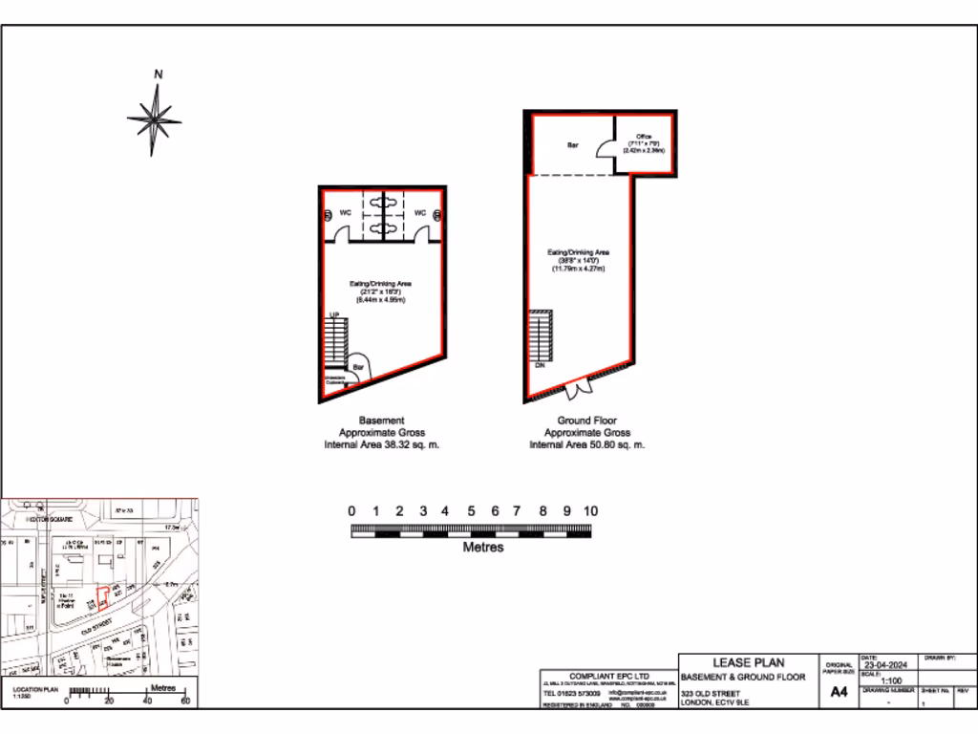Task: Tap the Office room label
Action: click(644, 137)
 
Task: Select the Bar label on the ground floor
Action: click(573, 145)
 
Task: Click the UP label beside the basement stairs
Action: click(334, 314)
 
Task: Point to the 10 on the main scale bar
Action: click(591, 511)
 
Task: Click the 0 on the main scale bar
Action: click(351, 511)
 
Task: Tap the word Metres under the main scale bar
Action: click(483, 548)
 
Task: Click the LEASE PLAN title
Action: click(749, 662)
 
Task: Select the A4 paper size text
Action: click(839, 691)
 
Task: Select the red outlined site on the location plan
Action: click(103, 597)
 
